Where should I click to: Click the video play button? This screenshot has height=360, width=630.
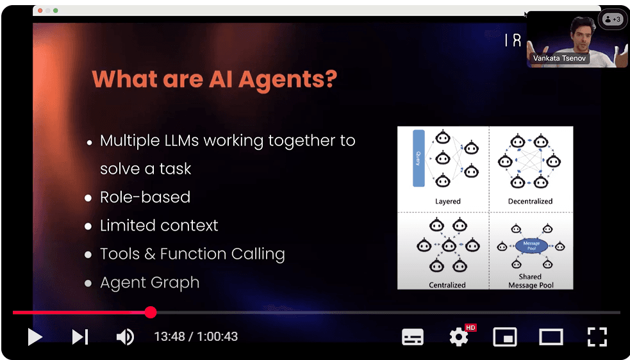click(35, 337)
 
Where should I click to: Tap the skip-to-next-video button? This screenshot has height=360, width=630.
click(80, 337)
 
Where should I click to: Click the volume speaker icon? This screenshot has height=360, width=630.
click(125, 337)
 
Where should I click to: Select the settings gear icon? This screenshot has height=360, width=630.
click(459, 337)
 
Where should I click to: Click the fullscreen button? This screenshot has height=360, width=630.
click(597, 337)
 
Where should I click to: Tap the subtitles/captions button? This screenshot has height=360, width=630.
click(413, 337)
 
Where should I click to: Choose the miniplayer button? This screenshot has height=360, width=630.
click(505, 337)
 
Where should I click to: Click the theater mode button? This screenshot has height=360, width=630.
click(551, 337)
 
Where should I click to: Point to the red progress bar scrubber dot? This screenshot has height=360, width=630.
click(151, 313)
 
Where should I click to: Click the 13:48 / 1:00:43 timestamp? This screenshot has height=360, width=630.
click(195, 337)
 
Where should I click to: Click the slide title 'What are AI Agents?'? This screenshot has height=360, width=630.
click(214, 79)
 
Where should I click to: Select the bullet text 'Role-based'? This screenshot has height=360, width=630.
click(145, 197)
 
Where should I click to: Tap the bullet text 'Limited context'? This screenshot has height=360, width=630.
click(159, 225)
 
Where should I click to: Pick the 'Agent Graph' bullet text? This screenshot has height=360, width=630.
click(149, 282)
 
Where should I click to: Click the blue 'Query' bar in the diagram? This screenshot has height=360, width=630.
click(419, 158)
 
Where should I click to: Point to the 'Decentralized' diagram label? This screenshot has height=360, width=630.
click(530, 201)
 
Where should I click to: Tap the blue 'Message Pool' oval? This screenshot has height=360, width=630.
click(531, 245)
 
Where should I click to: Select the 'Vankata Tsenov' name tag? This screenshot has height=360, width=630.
click(560, 58)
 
